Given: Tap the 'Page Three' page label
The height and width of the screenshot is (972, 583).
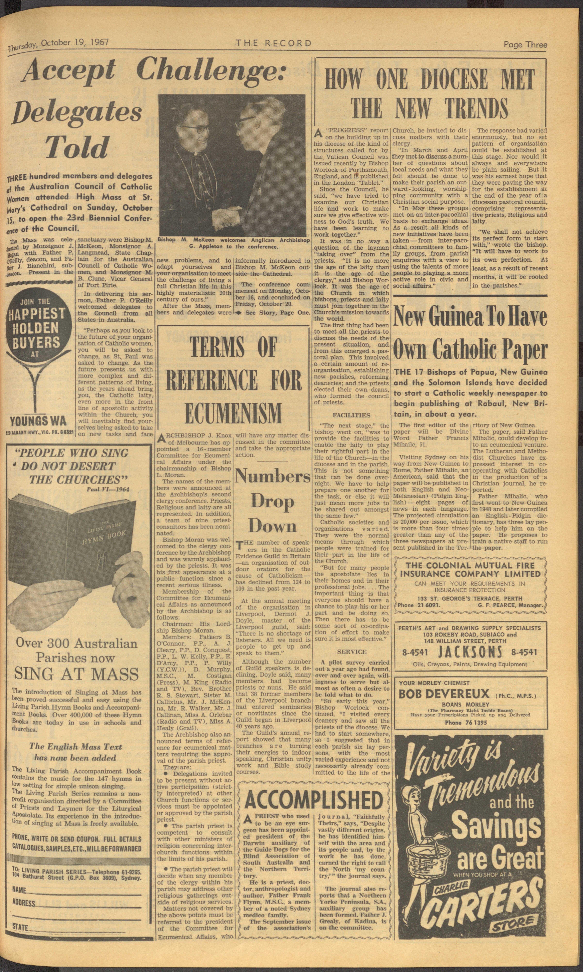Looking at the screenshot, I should click(x=525, y=44).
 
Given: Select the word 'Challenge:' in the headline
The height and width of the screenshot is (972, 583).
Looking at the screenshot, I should click(x=212, y=71).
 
